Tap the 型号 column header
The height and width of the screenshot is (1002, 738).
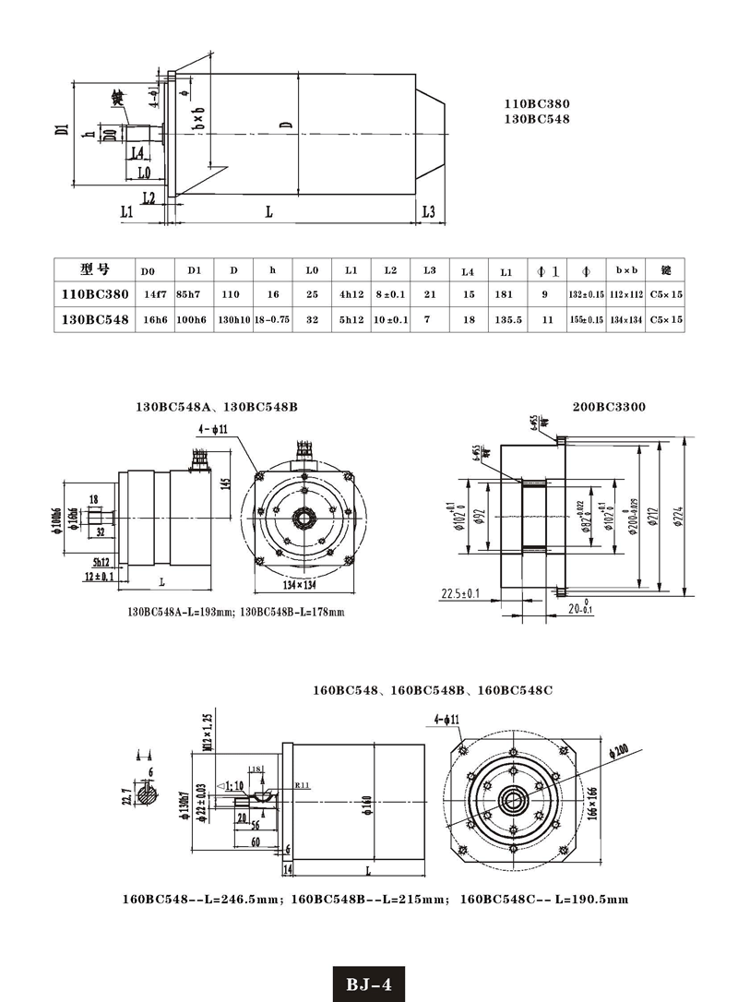[x=94, y=269]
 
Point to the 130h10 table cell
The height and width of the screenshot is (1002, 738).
[x=233, y=319]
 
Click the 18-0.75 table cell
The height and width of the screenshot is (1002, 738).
[x=272, y=319]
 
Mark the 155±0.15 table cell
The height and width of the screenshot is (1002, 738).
[x=587, y=319]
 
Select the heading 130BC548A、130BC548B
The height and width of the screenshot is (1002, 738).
[x=217, y=406]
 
